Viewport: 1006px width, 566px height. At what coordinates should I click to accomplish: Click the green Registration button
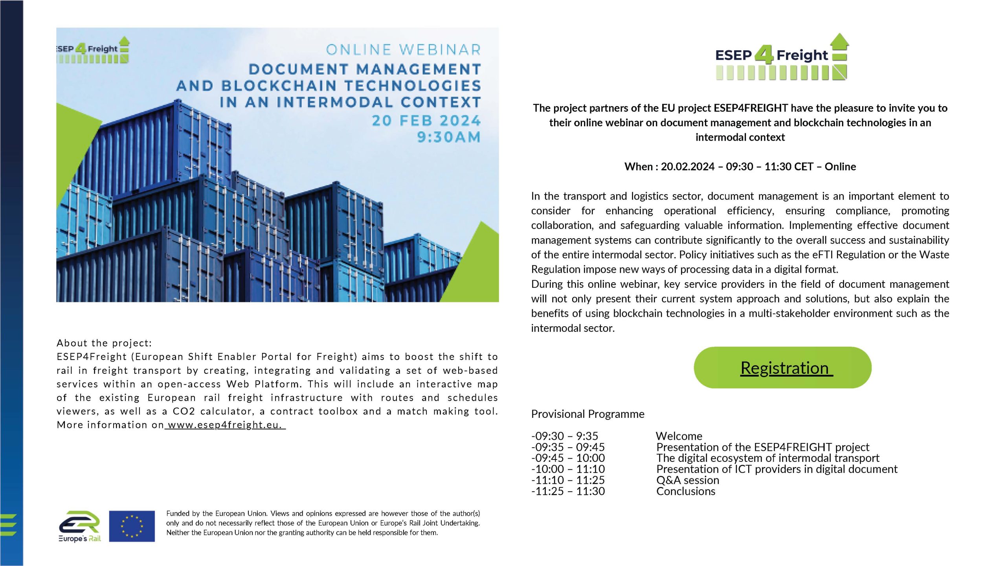[782, 368]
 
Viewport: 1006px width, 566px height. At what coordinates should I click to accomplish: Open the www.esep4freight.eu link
[225, 425]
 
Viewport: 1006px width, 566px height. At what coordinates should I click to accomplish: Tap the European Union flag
[132, 526]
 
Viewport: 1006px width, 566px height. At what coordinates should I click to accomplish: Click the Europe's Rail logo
[80, 527]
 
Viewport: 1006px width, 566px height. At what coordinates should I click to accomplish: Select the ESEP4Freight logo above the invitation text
[781, 58]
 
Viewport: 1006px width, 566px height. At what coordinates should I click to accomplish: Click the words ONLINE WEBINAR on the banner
[403, 50]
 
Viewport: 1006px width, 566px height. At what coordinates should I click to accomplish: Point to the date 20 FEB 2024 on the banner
[426, 121]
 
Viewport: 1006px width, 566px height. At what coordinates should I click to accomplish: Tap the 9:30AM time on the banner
[448, 137]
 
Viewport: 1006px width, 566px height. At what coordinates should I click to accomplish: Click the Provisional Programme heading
[587, 414]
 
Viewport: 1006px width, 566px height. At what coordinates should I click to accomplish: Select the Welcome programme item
[679, 436]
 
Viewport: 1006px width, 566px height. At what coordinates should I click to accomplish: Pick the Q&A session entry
[688, 480]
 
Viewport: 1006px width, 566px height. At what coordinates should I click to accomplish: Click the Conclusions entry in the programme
[686, 491]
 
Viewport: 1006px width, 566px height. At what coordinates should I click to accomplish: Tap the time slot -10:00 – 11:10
[568, 469]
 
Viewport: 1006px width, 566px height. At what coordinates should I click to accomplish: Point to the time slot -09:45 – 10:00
[568, 458]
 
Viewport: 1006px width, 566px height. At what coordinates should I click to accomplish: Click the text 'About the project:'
[104, 343]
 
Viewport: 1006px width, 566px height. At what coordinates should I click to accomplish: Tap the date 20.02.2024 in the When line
[687, 167]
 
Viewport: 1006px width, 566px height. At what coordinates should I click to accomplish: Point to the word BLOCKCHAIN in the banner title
[279, 86]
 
